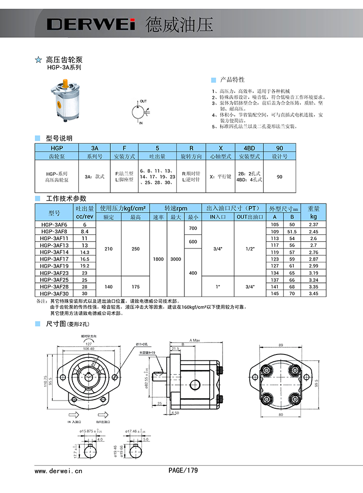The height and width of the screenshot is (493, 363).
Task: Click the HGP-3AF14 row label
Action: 54,252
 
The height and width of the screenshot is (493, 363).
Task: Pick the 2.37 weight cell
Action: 313,225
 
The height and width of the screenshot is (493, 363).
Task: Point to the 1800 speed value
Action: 158,259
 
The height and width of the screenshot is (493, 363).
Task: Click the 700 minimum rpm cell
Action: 193,228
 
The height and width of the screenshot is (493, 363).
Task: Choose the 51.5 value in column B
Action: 292,231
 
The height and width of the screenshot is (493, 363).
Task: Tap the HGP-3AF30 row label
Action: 54,293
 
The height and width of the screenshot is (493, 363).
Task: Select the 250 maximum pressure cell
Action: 136,249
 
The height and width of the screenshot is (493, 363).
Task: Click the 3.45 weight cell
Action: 313,293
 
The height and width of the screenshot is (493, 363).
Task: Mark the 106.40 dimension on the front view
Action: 89,348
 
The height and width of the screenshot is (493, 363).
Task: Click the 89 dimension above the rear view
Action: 280,345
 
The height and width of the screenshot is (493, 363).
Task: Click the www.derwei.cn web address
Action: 59,470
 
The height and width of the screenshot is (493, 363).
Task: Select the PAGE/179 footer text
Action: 183,470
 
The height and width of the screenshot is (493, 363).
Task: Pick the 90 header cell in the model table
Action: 279,148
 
